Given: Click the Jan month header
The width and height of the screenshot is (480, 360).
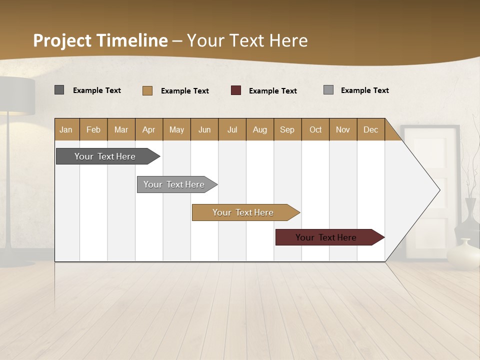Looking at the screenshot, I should coord(66,129).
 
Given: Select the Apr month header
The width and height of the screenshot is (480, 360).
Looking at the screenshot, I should coord(149,129).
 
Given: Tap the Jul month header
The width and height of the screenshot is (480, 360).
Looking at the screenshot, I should coord(232,129).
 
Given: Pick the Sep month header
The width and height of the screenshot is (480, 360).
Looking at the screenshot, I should coord(287,129).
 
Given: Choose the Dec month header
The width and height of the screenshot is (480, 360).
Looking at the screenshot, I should coord(370,129).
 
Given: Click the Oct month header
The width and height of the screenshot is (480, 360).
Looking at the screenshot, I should coord(315,129).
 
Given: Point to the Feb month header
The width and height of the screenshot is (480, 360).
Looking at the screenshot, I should coord(93,129).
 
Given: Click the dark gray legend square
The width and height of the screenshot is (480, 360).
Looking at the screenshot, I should coord(59,90).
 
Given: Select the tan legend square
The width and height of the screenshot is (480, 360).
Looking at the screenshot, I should coord(147,90).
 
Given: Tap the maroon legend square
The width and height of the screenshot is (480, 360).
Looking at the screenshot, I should coord(236,90).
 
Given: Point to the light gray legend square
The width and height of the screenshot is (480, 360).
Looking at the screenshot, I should coord(328,90).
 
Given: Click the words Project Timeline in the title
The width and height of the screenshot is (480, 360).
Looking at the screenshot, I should coord(100,40).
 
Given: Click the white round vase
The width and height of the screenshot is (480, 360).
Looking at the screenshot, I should coord(462,254).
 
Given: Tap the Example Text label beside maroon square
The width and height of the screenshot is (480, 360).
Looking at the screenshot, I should coord(273,90).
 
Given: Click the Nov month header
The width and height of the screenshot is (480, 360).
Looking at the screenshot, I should coord(343,129).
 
